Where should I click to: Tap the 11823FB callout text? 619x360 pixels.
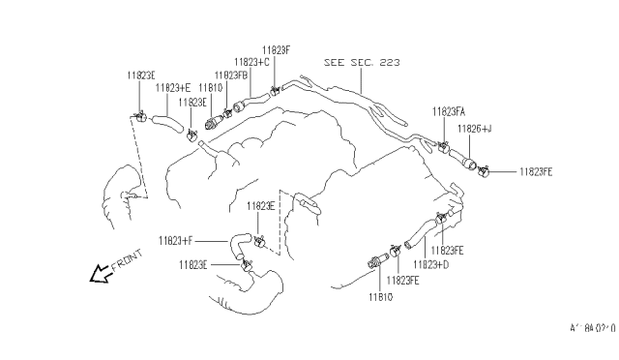pyautogui.click(x=232, y=75)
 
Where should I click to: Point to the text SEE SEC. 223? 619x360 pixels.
pyautogui.click(x=362, y=61)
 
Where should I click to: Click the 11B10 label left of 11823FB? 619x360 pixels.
pyautogui.click(x=213, y=87)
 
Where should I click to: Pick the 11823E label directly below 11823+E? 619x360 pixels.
pyautogui.click(x=190, y=102)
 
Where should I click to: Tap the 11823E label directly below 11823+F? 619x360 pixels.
pyautogui.click(x=194, y=263)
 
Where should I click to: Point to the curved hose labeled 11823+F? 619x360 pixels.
pyautogui.click(x=237, y=248)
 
